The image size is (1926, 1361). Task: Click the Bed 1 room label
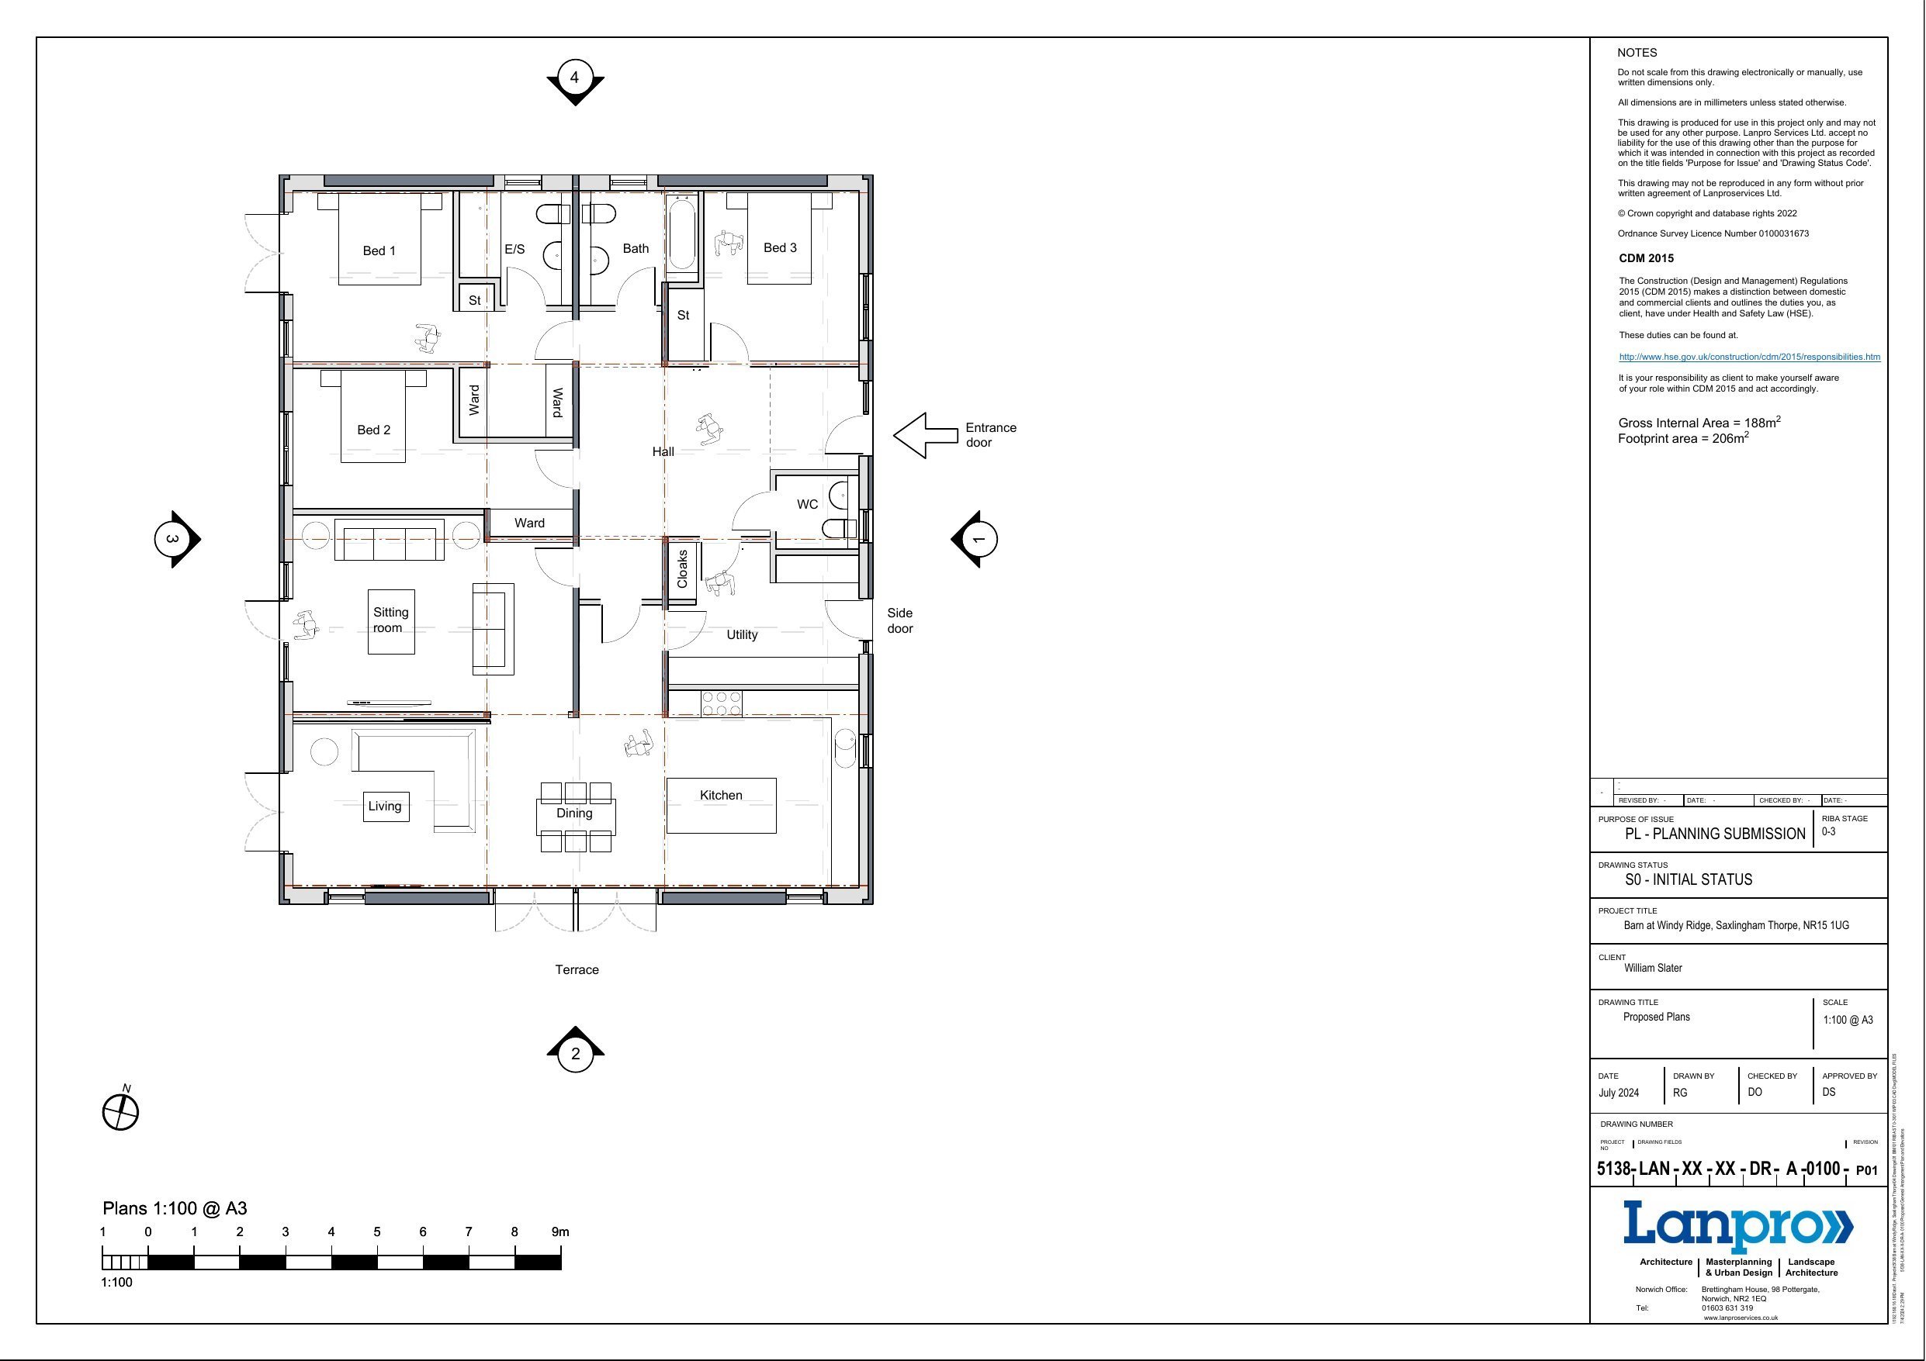(379, 250)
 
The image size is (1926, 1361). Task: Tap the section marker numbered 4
(574, 78)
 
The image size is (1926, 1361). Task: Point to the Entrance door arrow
(924, 435)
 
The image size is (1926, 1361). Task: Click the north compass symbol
(120, 1113)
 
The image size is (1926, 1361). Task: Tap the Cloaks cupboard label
(682, 568)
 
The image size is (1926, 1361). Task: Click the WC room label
(807, 504)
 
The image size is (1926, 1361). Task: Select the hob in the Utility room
(722, 703)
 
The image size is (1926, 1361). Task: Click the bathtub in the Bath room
(682, 235)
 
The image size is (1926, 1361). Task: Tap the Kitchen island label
(721, 795)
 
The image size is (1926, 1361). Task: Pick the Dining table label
(574, 813)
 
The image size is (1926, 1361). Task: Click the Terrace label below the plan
(577, 969)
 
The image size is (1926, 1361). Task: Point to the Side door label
(900, 620)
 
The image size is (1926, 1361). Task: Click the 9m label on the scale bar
(559, 1231)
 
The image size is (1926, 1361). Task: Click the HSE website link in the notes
(1749, 357)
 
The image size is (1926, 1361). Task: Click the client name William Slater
(1653, 968)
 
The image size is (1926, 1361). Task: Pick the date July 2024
(1618, 1093)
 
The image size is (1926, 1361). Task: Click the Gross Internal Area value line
(1699, 423)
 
